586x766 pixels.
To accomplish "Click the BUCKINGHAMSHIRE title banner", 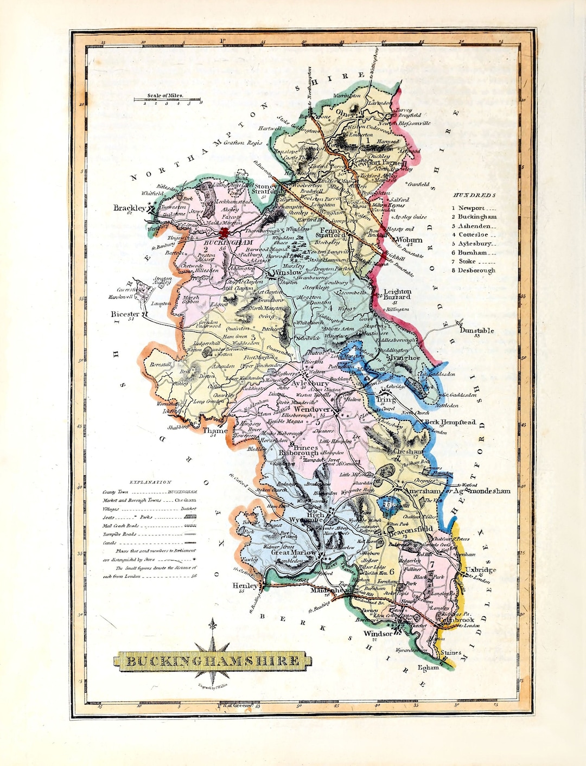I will point(213,661).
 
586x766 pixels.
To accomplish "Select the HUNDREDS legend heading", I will point(474,195).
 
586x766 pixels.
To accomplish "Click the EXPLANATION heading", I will point(150,482).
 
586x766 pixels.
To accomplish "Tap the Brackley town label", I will point(129,208).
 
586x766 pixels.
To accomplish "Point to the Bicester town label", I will point(125,314).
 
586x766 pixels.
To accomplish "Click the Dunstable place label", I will point(476,330).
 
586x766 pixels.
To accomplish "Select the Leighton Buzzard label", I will point(397,294).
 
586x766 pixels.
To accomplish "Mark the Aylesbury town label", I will point(310,383).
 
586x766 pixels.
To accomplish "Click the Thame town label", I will point(215,431).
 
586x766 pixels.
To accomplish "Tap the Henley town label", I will point(245,586).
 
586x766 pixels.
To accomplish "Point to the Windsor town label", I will point(378,633).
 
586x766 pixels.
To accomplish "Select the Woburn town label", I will point(409,239).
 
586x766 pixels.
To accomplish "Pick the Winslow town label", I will point(287,272).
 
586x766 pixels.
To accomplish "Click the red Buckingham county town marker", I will point(224,233).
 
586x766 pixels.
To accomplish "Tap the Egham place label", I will point(428,667).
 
